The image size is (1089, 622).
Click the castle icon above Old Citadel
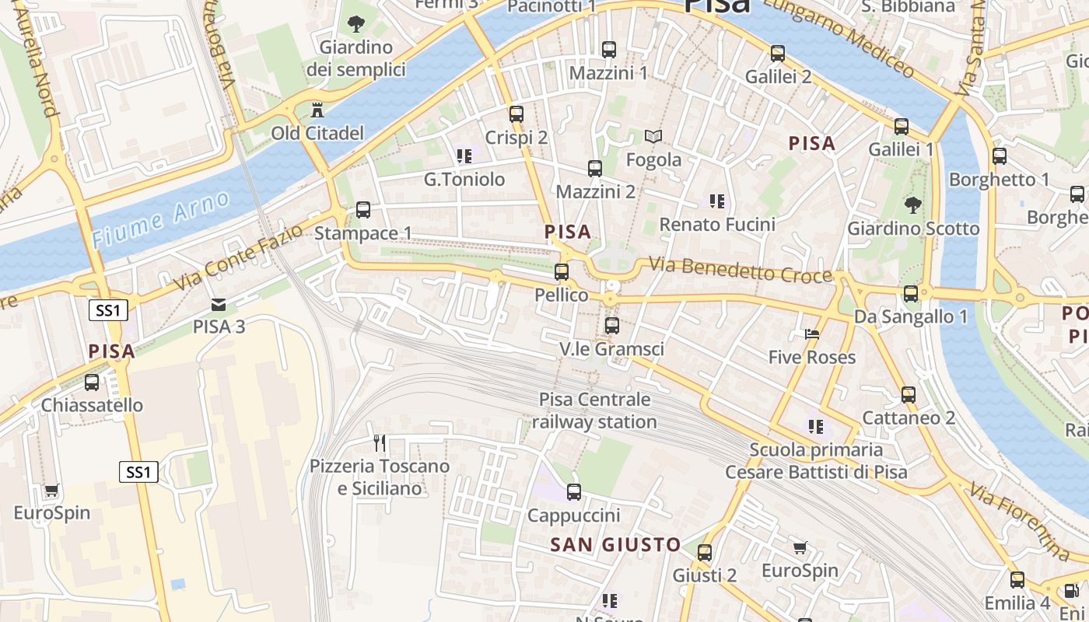[317, 110]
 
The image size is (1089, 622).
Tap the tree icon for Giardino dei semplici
[356, 24]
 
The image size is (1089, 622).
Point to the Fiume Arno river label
[160, 219]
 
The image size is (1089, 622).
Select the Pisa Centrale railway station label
[595, 411]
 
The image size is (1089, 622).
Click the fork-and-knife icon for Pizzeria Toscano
[380, 443]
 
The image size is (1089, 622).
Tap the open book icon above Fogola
[654, 137]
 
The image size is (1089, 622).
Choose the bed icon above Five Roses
[812, 334]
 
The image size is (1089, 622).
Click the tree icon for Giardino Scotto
[913, 205]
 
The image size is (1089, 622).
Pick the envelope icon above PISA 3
[219, 304]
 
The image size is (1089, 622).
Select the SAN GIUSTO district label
[615, 545]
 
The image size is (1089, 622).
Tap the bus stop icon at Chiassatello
[92, 383]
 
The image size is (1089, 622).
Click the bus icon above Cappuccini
[574, 492]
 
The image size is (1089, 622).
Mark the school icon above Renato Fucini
[717, 201]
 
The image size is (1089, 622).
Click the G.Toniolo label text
[464, 180]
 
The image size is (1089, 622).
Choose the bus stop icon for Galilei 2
[778, 54]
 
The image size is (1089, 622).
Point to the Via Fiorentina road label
[1020, 520]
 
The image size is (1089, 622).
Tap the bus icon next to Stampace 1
[363, 210]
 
